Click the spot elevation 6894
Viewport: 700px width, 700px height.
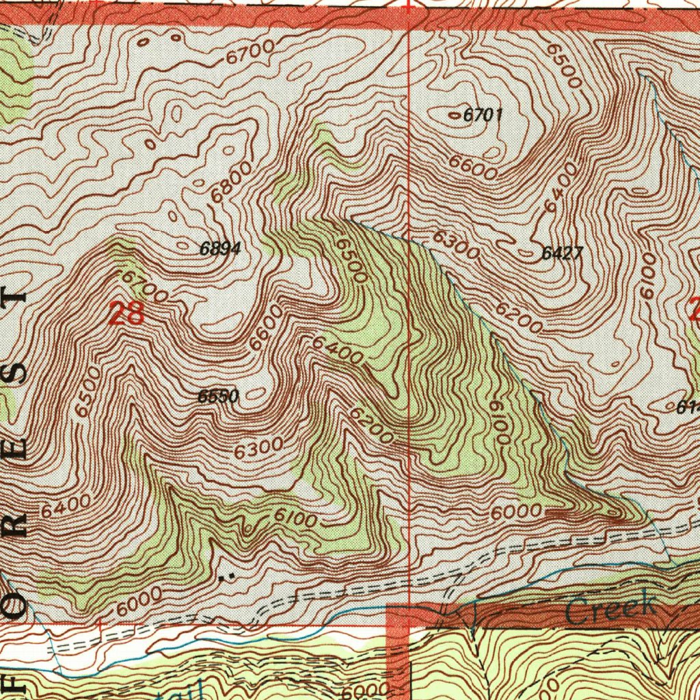[x=220, y=250]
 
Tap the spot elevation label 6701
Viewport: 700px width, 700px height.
[x=483, y=116]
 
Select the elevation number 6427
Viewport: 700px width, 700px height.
[x=562, y=254]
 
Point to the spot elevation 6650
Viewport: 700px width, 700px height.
[x=217, y=396]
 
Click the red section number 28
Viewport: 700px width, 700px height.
[x=126, y=314]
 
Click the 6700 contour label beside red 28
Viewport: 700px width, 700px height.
[x=144, y=287]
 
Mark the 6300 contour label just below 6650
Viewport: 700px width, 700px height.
[x=258, y=449]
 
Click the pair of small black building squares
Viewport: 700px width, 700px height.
[x=230, y=576]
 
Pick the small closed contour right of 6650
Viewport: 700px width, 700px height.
[x=255, y=394]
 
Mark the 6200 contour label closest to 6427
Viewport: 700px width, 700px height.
[x=519, y=317]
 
